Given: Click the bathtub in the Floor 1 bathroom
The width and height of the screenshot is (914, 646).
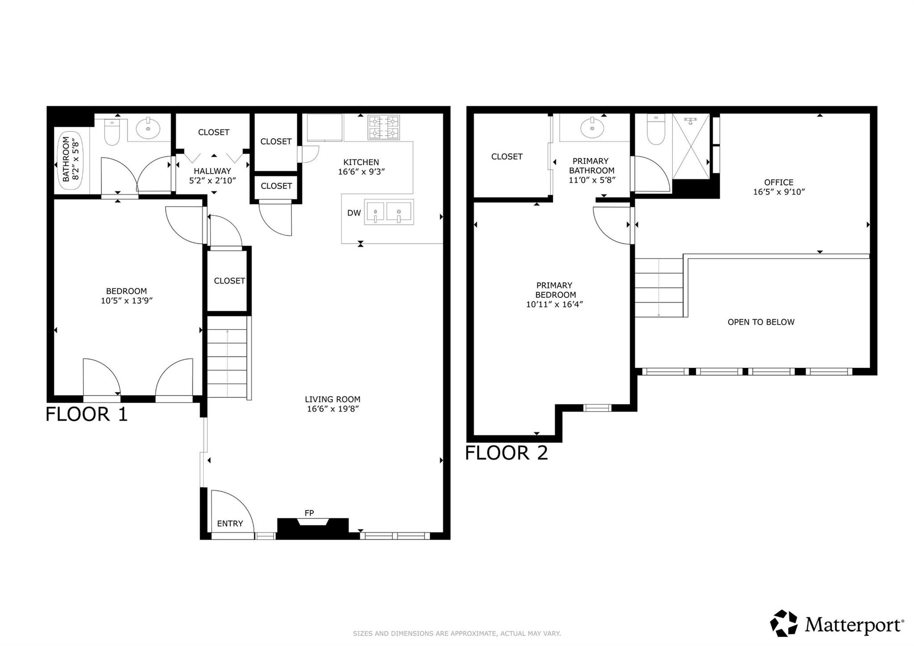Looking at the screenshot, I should (x=71, y=159).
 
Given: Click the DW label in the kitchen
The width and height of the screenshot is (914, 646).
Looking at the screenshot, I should (x=354, y=213).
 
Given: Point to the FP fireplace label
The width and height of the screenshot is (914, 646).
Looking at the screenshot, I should (x=309, y=513).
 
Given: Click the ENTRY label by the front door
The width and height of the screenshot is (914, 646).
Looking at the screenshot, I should (x=230, y=524).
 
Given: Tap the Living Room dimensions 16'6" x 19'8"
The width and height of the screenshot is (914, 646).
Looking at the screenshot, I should (x=333, y=409).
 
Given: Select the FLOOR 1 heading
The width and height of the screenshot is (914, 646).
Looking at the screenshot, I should (x=87, y=414).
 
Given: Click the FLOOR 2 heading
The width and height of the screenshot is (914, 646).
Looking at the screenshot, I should (x=506, y=453).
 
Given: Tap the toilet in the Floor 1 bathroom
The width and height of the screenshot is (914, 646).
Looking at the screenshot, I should (x=112, y=132).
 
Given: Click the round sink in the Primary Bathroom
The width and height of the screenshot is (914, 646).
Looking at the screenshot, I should (x=592, y=128).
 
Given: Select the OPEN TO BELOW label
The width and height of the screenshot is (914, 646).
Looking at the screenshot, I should (x=761, y=322).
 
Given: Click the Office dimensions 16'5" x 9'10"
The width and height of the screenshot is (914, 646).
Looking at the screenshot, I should (x=779, y=192).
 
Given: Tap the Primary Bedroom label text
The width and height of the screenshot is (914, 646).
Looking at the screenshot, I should (x=554, y=290).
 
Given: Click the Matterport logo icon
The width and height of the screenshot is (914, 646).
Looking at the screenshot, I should (x=784, y=623).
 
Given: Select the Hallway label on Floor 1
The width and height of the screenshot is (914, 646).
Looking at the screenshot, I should (x=212, y=171).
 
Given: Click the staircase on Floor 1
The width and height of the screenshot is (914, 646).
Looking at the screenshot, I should (x=227, y=357).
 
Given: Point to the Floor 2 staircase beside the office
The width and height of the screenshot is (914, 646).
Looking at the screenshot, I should (x=659, y=288).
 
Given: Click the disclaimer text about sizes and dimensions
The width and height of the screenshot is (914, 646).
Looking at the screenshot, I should (x=457, y=633).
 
